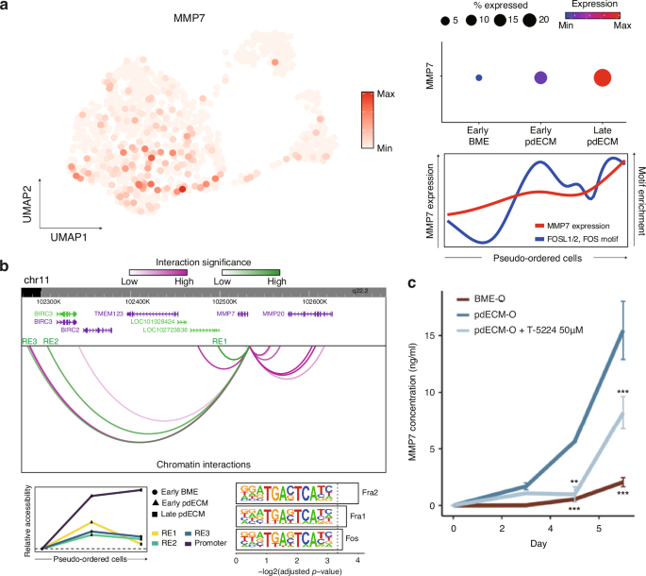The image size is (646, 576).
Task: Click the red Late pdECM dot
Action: click(x=602, y=79)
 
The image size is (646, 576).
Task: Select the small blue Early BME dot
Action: click(x=478, y=78)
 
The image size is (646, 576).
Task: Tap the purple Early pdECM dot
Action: click(x=540, y=79)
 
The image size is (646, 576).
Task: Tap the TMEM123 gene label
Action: click(x=108, y=312)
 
